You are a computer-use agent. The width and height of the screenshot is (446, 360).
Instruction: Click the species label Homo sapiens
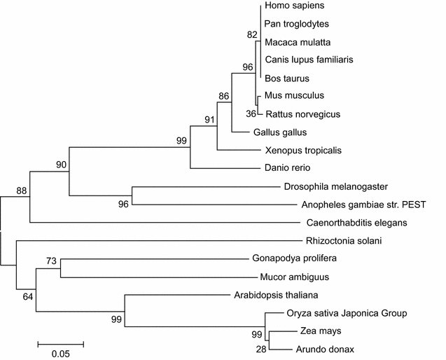pos(294,6)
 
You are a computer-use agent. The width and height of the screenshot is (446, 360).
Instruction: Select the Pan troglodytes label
pos(298,24)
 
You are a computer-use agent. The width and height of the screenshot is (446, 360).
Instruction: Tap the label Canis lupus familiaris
pos(309,60)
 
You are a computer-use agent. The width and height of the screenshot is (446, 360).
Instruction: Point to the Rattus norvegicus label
pos(302,113)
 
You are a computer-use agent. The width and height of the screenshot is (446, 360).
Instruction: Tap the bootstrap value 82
pos(253,34)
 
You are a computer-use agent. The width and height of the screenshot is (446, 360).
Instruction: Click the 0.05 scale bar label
pos(60,354)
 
